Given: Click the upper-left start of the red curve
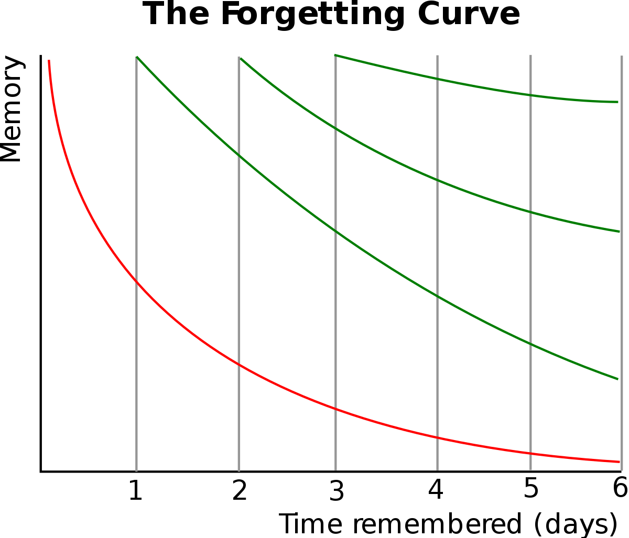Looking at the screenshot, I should [x=49, y=61].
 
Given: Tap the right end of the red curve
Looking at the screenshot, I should [x=620, y=462].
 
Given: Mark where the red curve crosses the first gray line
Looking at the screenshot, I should [x=136, y=282].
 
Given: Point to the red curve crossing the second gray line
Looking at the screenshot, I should [x=239, y=365].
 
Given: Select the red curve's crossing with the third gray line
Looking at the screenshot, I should [x=335, y=409].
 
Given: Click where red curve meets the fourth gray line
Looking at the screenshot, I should [x=437, y=437].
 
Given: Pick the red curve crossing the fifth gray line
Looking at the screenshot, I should [x=530, y=453].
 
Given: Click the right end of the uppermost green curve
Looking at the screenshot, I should [x=618, y=102].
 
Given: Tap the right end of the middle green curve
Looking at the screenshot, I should [x=620, y=231].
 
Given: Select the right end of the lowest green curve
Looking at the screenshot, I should [x=617, y=378].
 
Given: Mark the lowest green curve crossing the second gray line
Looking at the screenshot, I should [x=239, y=155].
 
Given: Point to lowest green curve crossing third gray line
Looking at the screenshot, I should [x=335, y=232].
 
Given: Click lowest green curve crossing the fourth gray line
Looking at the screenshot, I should [x=437, y=297].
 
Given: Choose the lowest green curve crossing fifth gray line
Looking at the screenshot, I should [x=530, y=344].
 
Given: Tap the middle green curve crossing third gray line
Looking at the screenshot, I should [x=335, y=128].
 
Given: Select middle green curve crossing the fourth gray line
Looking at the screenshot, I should [x=437, y=180].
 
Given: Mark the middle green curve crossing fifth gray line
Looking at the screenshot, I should [x=530, y=212].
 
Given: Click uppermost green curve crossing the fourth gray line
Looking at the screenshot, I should [x=437, y=79].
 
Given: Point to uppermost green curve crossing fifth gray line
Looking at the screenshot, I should [x=530, y=95].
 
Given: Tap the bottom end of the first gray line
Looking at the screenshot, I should [x=136, y=470].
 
